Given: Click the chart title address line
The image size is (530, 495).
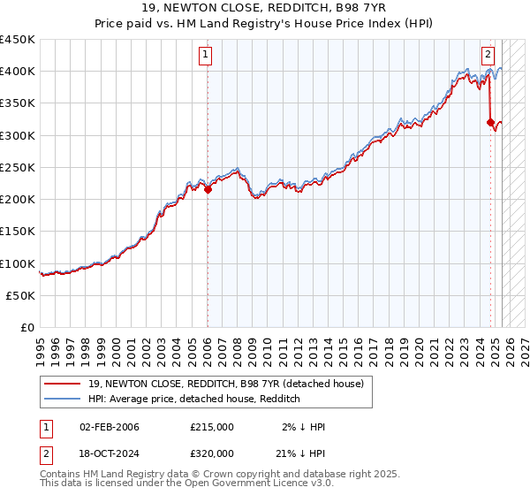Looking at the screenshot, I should pyautogui.click(x=264, y=10).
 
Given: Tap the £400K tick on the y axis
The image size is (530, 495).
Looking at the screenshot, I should pyautogui.click(x=18, y=72).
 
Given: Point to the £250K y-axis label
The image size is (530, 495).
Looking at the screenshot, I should pyautogui.click(x=18, y=167).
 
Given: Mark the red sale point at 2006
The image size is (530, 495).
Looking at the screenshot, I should pyautogui.click(x=208, y=189).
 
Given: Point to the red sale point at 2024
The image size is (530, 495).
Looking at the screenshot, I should pyautogui.click(x=490, y=122).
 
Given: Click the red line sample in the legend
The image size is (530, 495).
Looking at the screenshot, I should pyautogui.click(x=63, y=384).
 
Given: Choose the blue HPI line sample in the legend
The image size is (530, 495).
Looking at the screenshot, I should pyautogui.click(x=63, y=399).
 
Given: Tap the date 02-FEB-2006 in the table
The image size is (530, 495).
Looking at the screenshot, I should pyautogui.click(x=110, y=427).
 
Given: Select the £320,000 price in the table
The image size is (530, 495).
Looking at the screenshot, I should pyautogui.click(x=212, y=453).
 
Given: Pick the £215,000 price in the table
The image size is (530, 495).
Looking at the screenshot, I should pyautogui.click(x=212, y=427).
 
